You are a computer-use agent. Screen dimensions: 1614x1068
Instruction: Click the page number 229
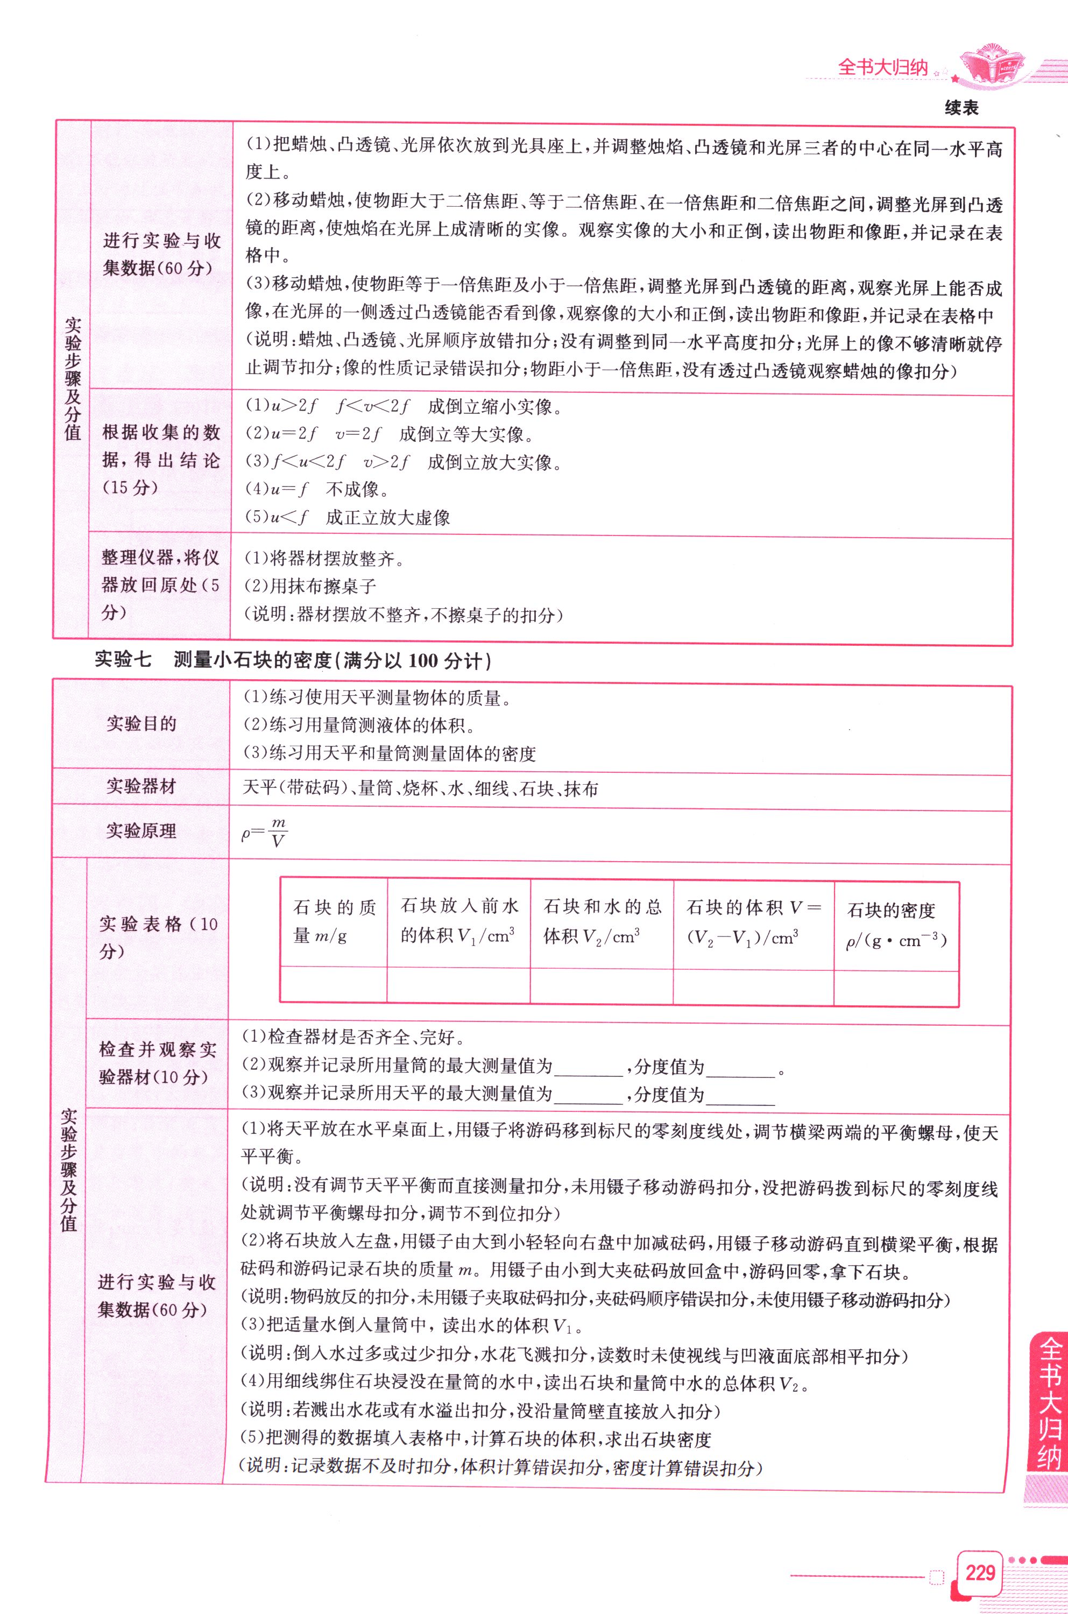[x=979, y=1573]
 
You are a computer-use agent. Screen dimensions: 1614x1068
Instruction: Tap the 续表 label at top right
[x=961, y=108]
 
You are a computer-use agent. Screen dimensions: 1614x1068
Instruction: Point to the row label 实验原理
[x=141, y=830]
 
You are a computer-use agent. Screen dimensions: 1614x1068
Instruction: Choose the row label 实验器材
[x=141, y=786]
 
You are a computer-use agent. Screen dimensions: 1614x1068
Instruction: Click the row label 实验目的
[x=141, y=723]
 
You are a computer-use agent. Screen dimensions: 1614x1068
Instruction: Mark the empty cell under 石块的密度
[x=896, y=986]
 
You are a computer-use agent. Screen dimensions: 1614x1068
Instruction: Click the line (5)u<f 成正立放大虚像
[x=348, y=517]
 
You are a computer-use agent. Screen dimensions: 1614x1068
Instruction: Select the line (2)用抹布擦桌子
[x=310, y=586]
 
